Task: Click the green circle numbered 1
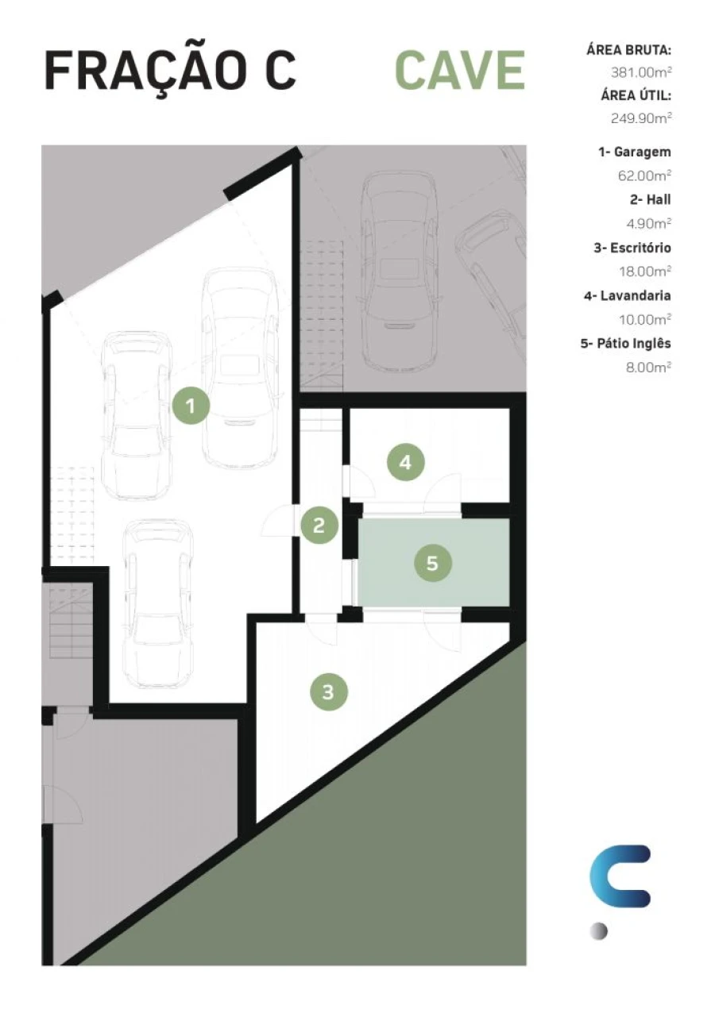pyautogui.click(x=191, y=406)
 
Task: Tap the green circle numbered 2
pyautogui.click(x=319, y=526)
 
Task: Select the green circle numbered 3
pyautogui.click(x=329, y=692)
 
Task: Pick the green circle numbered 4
pyautogui.click(x=406, y=463)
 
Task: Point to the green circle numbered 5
pyautogui.click(x=433, y=563)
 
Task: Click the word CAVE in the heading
pyautogui.click(x=460, y=71)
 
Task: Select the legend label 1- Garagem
pyautogui.click(x=634, y=152)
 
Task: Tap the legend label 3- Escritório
pyautogui.click(x=632, y=248)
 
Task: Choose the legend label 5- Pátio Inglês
pyautogui.click(x=626, y=344)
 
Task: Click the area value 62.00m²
pyautogui.click(x=644, y=175)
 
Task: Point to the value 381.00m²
pyautogui.click(x=641, y=72)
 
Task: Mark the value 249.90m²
pyautogui.click(x=641, y=118)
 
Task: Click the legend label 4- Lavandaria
pyautogui.click(x=627, y=296)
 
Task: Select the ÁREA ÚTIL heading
pyautogui.click(x=636, y=95)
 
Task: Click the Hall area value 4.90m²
pyautogui.click(x=648, y=223)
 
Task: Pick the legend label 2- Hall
pyautogui.click(x=650, y=199)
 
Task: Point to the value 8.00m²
pyautogui.click(x=648, y=367)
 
